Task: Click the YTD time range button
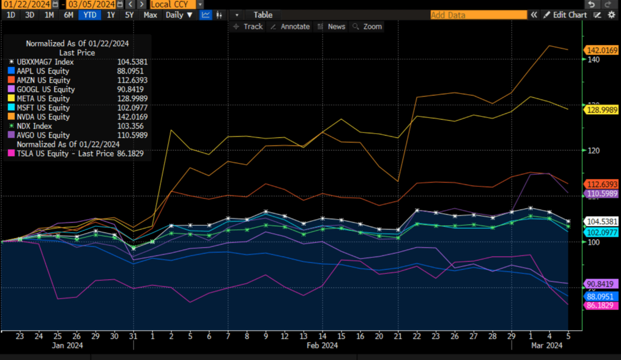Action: click(x=89, y=15)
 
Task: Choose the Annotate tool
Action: click(x=291, y=27)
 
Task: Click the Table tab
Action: click(x=263, y=15)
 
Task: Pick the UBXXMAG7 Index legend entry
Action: click(x=45, y=62)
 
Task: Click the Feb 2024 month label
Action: click(x=322, y=345)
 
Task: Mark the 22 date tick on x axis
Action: click(x=417, y=335)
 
